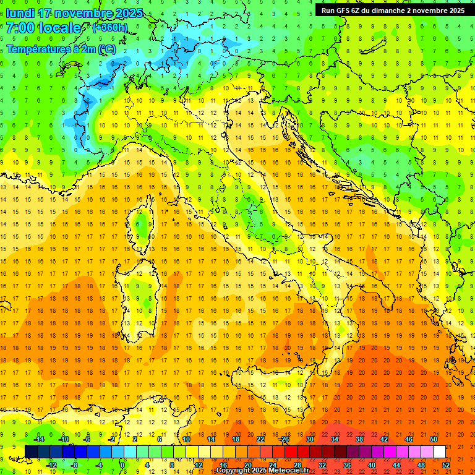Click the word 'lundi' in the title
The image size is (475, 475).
pos(20,13)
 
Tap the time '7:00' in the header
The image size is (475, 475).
pos(20,28)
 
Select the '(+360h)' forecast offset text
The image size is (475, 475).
pos(109,27)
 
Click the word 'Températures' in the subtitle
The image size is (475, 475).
pos(37,49)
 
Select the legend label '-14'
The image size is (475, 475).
pos(38,439)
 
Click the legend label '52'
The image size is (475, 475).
pos(446,465)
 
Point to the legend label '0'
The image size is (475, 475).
pos(122,465)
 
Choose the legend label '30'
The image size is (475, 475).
pos(309,439)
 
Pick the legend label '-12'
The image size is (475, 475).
pos(52,465)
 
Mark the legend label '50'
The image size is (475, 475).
pos(433,439)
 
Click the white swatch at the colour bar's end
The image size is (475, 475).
pos(439,452)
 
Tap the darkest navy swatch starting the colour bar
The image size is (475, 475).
pos(31,452)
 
